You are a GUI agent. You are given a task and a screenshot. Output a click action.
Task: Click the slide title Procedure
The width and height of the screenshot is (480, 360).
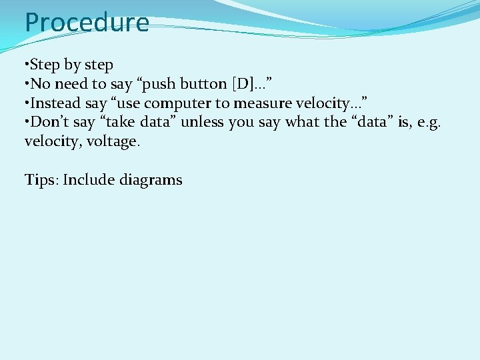87,23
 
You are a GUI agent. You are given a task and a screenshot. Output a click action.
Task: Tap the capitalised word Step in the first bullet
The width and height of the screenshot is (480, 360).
45,65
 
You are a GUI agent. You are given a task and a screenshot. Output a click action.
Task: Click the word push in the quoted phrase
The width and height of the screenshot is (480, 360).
157,85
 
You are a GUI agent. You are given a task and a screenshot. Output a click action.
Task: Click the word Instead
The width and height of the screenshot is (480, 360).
56,103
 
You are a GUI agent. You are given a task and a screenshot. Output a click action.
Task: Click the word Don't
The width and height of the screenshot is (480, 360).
47,122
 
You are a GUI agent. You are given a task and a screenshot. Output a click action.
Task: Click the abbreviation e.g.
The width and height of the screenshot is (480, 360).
427,123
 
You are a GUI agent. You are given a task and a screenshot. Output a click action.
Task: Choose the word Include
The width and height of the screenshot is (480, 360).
89,180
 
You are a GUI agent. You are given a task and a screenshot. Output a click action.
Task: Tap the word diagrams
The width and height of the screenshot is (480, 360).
151,181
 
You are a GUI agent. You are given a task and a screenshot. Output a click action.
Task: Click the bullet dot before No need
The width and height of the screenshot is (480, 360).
26,84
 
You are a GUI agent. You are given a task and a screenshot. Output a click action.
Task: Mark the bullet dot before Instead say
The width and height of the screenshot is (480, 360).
26,103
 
